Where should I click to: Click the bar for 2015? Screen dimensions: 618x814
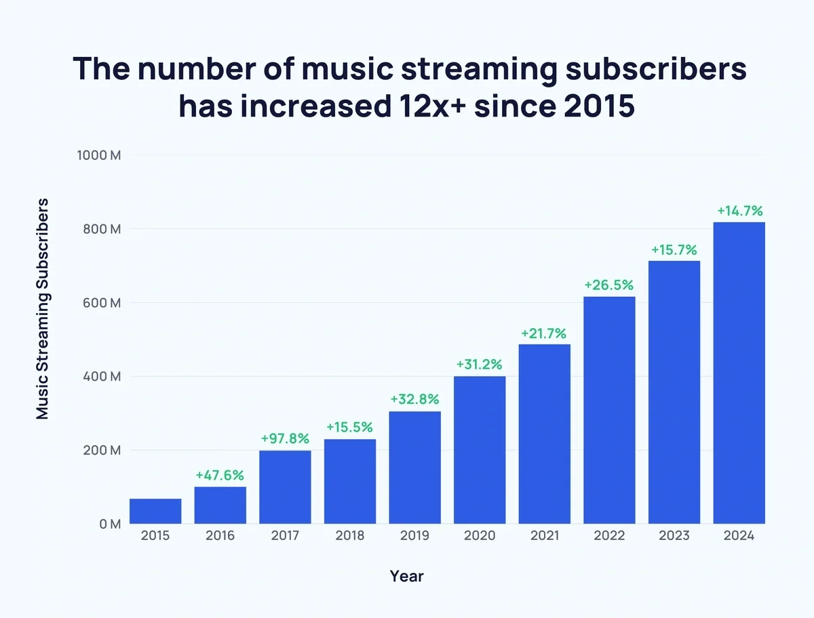click(155, 512)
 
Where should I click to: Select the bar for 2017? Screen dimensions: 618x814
click(285, 487)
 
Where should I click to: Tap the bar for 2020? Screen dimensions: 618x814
click(480, 450)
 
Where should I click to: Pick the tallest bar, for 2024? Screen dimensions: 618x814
click(739, 373)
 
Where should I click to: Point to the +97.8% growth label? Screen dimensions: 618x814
click(285, 439)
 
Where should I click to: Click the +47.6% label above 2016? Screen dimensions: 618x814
click(220, 475)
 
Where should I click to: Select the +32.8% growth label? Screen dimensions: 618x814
click(414, 399)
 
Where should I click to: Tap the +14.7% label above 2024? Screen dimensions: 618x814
click(739, 210)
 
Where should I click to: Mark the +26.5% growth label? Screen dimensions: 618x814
click(609, 285)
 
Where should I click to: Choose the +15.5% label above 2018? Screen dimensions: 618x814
click(350, 428)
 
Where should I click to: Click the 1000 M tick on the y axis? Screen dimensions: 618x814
click(98, 155)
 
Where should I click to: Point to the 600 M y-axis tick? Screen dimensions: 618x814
click(101, 303)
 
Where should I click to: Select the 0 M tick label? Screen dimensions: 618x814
click(109, 524)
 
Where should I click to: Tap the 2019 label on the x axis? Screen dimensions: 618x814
click(414, 536)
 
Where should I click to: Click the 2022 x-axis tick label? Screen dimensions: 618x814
click(609, 536)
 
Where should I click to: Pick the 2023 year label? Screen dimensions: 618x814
click(674, 536)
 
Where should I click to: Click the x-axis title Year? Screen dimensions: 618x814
click(407, 576)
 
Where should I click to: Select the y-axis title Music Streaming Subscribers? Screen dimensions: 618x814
click(43, 308)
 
